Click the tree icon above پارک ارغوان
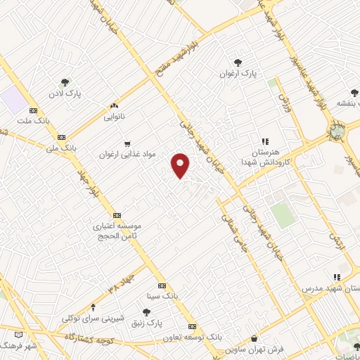coord(238,62)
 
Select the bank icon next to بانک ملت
coord(33,111)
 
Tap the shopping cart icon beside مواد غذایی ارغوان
coord(127,144)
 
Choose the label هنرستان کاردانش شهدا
coord(261,157)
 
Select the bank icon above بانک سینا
coord(162,285)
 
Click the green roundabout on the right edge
coord(338,131)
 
